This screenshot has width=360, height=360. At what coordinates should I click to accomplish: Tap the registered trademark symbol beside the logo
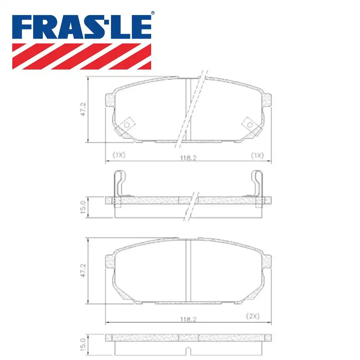[x=152, y=13]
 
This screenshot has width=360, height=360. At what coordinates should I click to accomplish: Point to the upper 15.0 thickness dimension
[x=82, y=207]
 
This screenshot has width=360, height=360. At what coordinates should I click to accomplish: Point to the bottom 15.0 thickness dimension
[x=82, y=345]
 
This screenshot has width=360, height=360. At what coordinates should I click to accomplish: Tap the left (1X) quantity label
[x=118, y=155]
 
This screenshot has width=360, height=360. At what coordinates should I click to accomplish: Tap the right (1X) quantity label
[x=257, y=155]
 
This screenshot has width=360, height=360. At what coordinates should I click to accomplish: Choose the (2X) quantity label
[x=253, y=316]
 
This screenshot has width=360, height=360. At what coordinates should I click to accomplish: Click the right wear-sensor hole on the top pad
[x=249, y=124]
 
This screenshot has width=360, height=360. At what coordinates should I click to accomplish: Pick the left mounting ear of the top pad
[x=109, y=100]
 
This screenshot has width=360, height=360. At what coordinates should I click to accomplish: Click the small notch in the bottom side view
[x=188, y=350]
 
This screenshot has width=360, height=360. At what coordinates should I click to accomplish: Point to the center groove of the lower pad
[x=188, y=271]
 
